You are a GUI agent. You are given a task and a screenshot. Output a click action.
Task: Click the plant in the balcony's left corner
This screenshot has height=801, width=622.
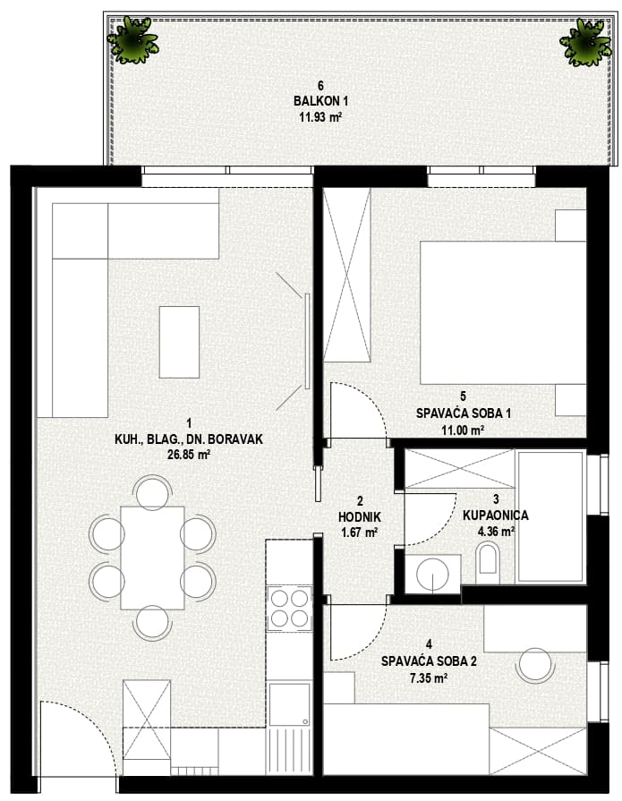click(132, 39)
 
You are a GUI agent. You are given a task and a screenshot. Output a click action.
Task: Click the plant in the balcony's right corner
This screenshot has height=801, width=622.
click(585, 42)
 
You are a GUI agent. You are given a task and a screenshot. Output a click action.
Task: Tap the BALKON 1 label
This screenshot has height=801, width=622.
click(320, 100)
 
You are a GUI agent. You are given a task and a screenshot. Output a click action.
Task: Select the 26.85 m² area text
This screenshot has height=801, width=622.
click(189, 454)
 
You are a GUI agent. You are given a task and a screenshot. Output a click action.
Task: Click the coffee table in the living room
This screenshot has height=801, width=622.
click(179, 342)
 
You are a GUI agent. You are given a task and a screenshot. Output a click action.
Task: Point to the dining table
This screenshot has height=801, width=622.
click(152, 558)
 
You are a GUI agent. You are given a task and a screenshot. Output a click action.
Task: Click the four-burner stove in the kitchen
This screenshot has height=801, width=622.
click(290, 608)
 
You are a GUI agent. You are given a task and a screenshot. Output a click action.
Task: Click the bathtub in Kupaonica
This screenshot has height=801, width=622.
click(550, 516)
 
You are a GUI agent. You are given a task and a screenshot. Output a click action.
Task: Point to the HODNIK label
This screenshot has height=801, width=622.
click(360, 517)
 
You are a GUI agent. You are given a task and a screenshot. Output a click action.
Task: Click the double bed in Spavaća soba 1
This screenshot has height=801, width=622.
click(503, 312)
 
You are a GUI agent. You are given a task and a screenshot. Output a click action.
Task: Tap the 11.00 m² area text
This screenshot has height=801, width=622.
click(463, 430)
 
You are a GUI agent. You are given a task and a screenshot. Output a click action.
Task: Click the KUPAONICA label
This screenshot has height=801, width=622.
click(495, 515)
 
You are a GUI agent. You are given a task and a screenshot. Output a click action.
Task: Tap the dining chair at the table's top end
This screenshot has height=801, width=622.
click(153, 491)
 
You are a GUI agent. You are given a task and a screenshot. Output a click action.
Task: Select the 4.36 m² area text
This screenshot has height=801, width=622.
click(496, 532)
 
